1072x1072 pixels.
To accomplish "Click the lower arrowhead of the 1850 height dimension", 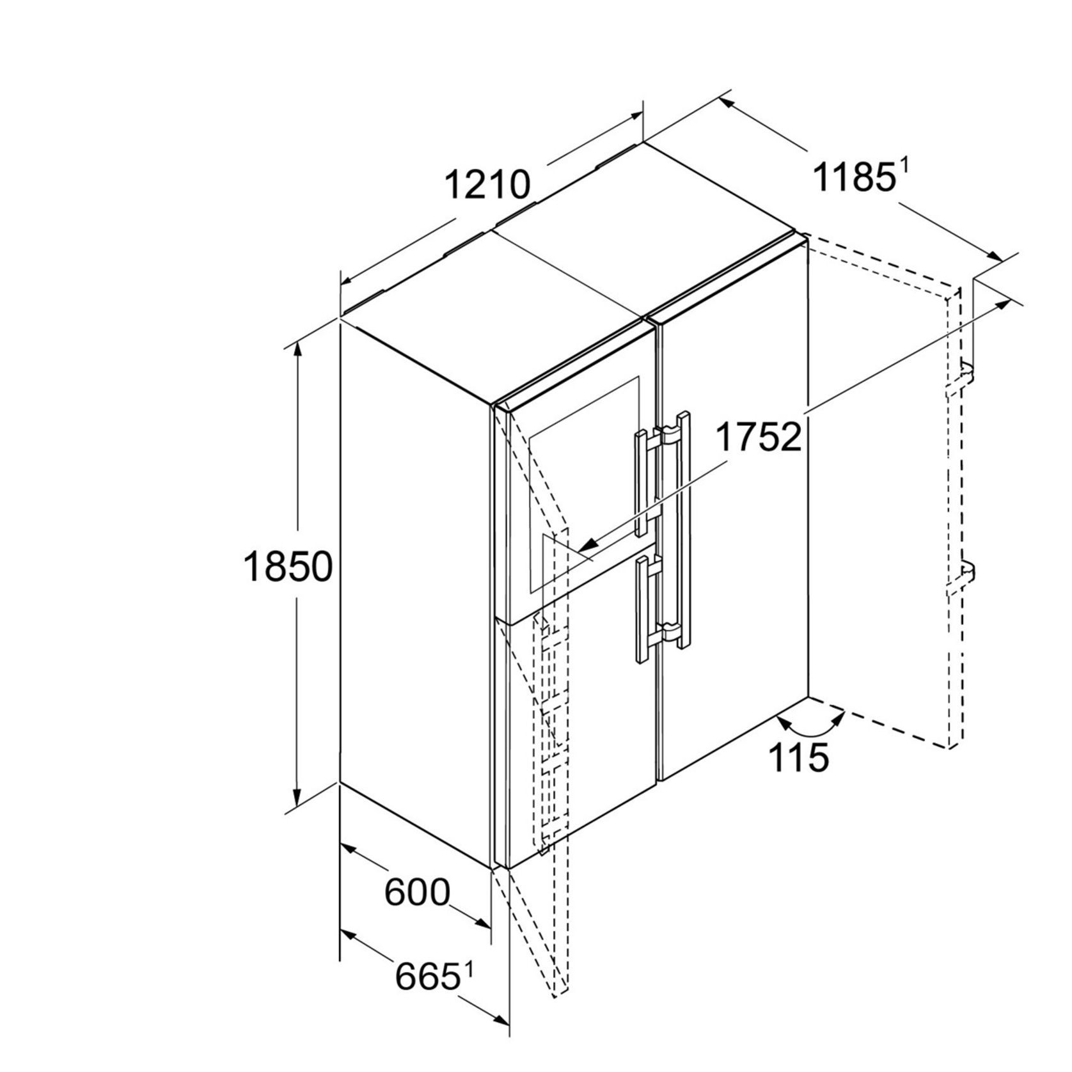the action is pyautogui.click(x=297, y=798).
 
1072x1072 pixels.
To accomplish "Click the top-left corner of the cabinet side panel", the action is pyautogui.click(x=340, y=322).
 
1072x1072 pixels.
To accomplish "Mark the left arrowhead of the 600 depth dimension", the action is pyautogui.click(x=349, y=849).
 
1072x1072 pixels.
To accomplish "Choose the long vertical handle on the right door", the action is pyautogui.click(x=679, y=530).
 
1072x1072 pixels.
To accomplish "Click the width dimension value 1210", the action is pyautogui.click(x=487, y=185).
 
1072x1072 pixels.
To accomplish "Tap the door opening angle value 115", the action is pyautogui.click(x=798, y=757).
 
